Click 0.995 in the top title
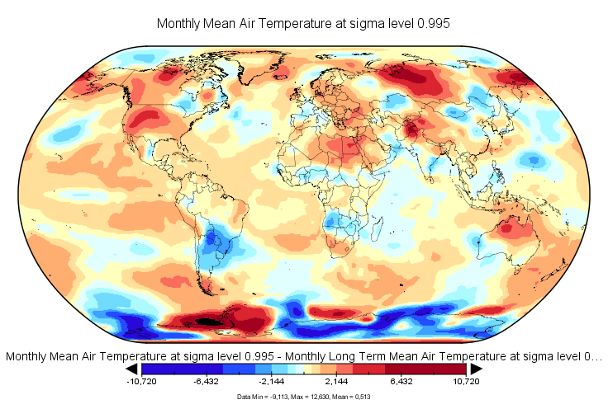click(x=431, y=24)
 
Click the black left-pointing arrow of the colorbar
click(x=132, y=369)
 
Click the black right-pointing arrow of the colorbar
click(x=476, y=369)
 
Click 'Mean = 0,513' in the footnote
click(x=350, y=397)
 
